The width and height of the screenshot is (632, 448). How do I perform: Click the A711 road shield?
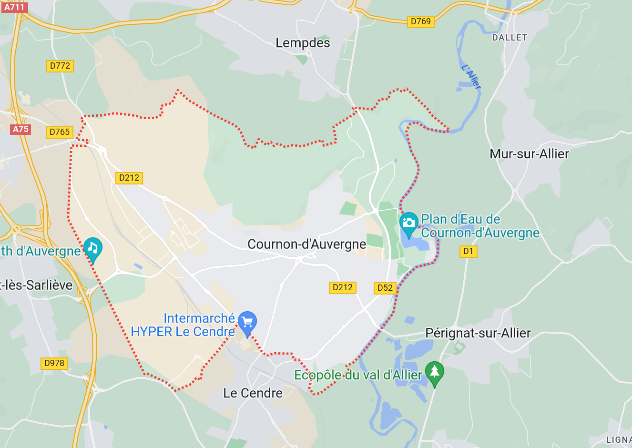pyautogui.click(x=14, y=7)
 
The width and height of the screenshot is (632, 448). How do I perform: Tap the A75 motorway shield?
pyautogui.click(x=20, y=129)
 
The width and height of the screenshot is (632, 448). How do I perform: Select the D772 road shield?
pyautogui.click(x=60, y=66)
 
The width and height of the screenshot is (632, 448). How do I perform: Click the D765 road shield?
pyautogui.click(x=60, y=132)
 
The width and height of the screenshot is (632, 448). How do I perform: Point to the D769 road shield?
pyautogui.click(x=420, y=21)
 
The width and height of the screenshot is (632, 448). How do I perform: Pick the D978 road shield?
pyautogui.click(x=54, y=363)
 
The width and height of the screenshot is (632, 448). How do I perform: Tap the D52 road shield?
pyautogui.click(x=385, y=288)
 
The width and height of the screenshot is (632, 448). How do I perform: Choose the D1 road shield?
pyautogui.click(x=468, y=251)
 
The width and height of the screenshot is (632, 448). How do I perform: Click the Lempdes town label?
pyautogui.click(x=303, y=43)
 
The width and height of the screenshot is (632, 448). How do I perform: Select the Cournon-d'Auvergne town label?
pyautogui.click(x=307, y=244)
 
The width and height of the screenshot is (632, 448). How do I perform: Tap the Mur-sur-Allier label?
pyautogui.click(x=529, y=154)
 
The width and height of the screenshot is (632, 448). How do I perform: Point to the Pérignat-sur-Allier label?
pyautogui.click(x=478, y=333)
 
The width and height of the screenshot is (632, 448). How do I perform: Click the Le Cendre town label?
pyautogui.click(x=253, y=393)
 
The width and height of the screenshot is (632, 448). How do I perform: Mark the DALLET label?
pyautogui.click(x=510, y=38)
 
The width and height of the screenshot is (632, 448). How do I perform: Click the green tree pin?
pyautogui.click(x=434, y=372)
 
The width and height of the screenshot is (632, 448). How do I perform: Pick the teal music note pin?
pyautogui.click(x=93, y=248)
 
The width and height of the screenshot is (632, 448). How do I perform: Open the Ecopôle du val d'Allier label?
pyautogui.click(x=358, y=376)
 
